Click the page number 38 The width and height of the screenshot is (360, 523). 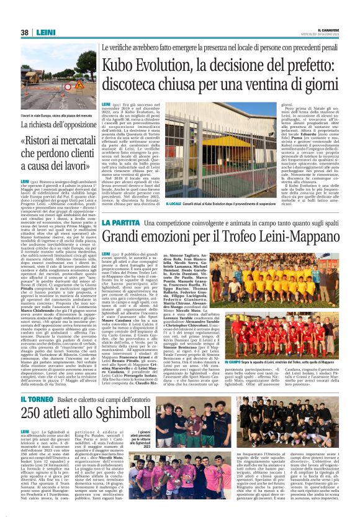(25, 32)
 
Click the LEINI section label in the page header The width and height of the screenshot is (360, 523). (45, 32)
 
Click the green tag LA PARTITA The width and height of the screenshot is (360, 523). (115, 223)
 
